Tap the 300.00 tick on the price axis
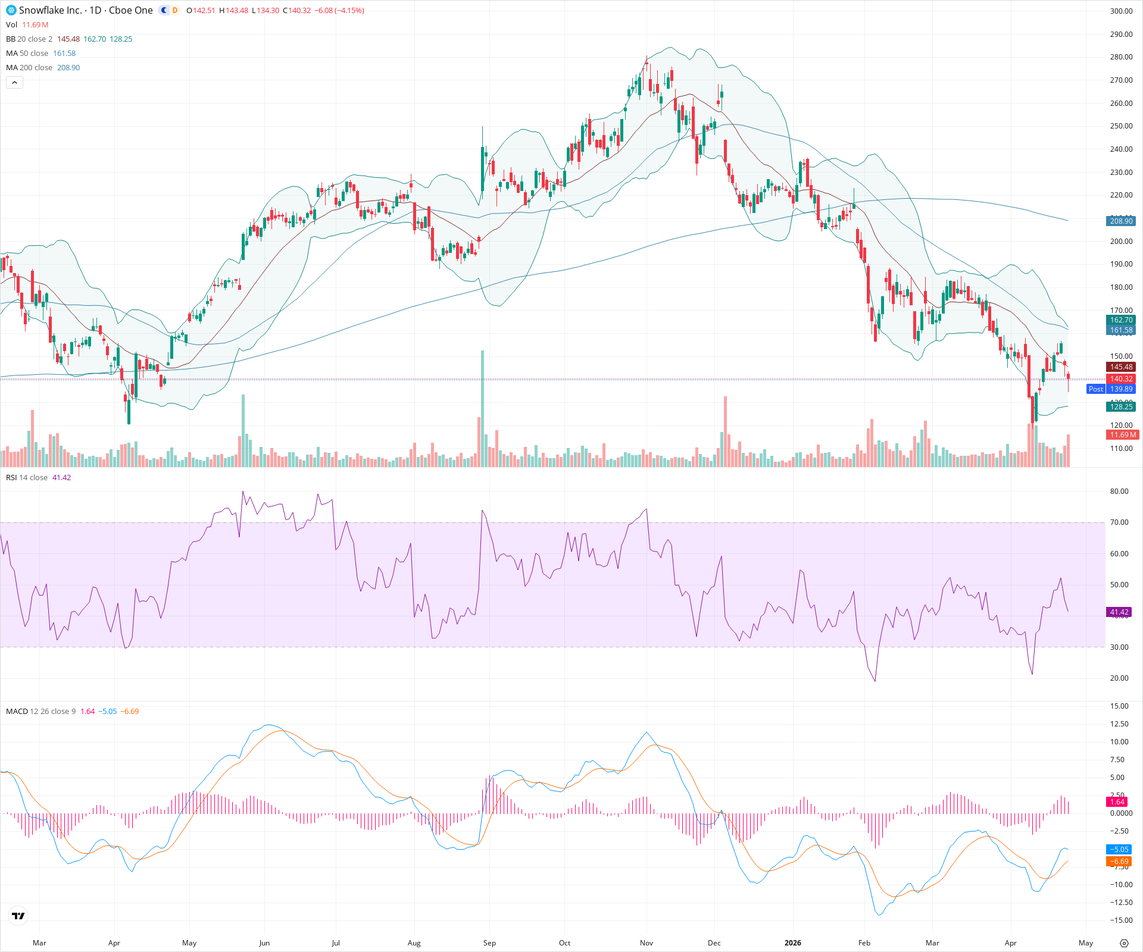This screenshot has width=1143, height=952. pos(1121,11)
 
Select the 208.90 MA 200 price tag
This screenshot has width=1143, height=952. pos(1121,221)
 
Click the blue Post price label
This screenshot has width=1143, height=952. pos(1095,389)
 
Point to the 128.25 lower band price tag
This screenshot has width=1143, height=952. pos(1121,407)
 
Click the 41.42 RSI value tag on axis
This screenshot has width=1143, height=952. pos(1119,612)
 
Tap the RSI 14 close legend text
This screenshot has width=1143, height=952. pos(27,478)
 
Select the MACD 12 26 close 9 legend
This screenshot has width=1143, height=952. pos(40,712)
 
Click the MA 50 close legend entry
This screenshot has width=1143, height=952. pos(27,54)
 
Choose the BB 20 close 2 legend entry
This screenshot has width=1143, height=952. pos(29,39)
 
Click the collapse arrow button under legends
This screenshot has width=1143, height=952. pos(14,83)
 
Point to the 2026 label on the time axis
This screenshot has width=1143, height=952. pos(792,943)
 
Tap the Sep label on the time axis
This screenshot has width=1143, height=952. pos(489,943)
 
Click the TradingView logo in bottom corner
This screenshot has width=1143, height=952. pos(18,916)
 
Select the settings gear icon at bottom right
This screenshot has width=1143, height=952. pos(1124,943)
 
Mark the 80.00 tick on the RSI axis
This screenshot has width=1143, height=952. pos(1119,491)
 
